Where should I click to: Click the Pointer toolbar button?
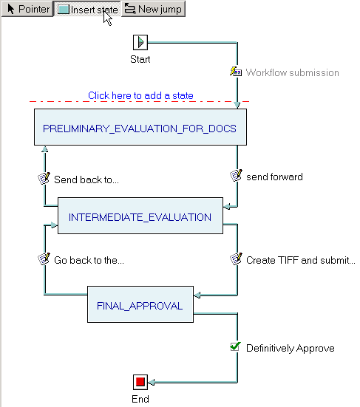pyautogui.click(x=27, y=9)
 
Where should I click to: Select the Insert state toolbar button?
pyautogui.click(x=87, y=9)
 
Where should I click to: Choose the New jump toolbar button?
pyautogui.click(x=153, y=9)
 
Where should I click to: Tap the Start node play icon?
pyautogui.click(x=140, y=42)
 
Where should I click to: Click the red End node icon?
pyautogui.click(x=140, y=382)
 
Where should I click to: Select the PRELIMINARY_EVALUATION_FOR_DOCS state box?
pyautogui.click(x=140, y=127)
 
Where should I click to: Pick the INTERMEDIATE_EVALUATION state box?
pyautogui.click(x=140, y=216)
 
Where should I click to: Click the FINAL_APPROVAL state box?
pyautogui.click(x=140, y=304)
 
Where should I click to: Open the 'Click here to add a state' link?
pyautogui.click(x=140, y=95)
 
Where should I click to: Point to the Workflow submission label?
pyautogui.click(x=293, y=72)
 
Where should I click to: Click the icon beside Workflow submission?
pyautogui.click(x=236, y=72)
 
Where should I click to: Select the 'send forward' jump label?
pyautogui.click(x=274, y=177)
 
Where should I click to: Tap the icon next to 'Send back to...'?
pyautogui.click(x=44, y=178)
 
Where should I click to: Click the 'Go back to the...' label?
pyautogui.click(x=89, y=260)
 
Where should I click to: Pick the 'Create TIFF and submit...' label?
pyautogui.click(x=301, y=260)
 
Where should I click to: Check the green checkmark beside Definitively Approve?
pyautogui.click(x=236, y=346)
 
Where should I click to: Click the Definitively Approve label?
pyautogui.click(x=290, y=349)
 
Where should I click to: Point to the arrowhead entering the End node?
pyautogui.click(x=151, y=382)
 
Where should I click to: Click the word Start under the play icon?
pyautogui.click(x=140, y=59)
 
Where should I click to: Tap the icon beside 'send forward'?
pyautogui.click(x=236, y=176)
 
